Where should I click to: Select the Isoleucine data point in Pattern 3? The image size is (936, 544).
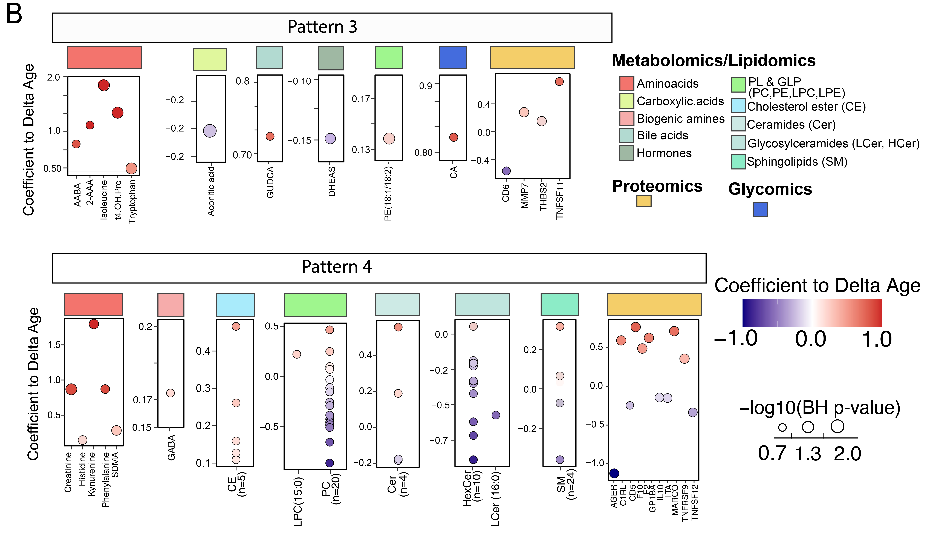pyautogui.click(x=104, y=85)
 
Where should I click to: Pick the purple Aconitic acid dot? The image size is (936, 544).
pyautogui.click(x=210, y=131)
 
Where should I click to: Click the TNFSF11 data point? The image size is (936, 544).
pyautogui.click(x=559, y=81)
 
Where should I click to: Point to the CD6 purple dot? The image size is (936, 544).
pyautogui.click(x=506, y=171)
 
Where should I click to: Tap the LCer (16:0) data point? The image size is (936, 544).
pyautogui.click(x=495, y=415)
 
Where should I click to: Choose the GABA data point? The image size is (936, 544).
pyautogui.click(x=171, y=393)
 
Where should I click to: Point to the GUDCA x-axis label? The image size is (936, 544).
pyautogui.click(x=270, y=182)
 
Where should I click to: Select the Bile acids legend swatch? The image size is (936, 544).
pyautogui.click(x=626, y=135)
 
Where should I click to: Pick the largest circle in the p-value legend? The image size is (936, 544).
pyautogui.click(x=837, y=426)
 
